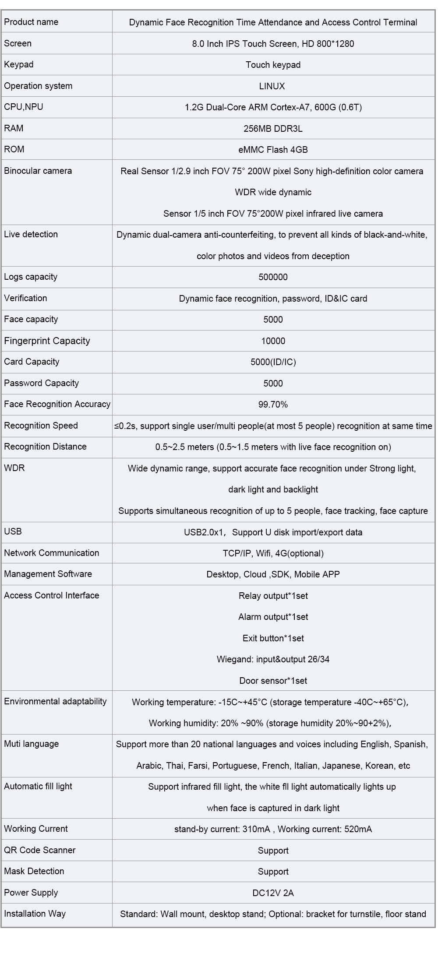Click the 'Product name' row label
31,22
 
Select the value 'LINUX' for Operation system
272,86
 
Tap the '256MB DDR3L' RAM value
273,129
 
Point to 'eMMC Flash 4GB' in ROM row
273,150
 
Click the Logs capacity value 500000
273,277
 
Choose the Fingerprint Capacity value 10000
273,341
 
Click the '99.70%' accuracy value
273,404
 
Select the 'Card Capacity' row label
32,362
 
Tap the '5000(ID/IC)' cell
273,362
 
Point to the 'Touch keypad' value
273,65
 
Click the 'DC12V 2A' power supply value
273,893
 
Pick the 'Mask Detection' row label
34,871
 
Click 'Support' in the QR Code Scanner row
273,851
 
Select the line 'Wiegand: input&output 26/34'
273,659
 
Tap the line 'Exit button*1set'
273,638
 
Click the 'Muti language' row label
31,744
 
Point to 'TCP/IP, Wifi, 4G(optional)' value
273,553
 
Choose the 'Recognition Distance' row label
45,447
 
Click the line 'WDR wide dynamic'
273,192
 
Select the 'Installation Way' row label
35,914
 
